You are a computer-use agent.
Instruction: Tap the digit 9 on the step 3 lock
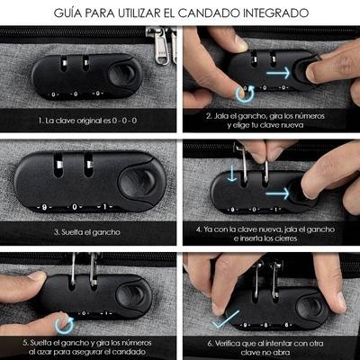[x=44, y=207]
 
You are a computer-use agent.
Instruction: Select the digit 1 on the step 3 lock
[x=104, y=207]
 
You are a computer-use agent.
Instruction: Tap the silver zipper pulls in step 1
[x=165, y=45]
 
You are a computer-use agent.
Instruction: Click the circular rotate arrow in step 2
[x=245, y=94]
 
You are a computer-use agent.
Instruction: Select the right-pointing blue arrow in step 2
[x=278, y=73]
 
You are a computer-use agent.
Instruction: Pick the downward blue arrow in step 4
[x=231, y=175]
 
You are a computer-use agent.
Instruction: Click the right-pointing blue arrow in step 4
[x=277, y=193]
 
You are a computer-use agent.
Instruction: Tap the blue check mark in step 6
[x=226, y=319]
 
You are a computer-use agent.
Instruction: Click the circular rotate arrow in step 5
[x=64, y=325]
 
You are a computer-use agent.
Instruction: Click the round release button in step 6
[x=310, y=309]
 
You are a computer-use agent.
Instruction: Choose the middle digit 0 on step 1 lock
[x=75, y=94]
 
